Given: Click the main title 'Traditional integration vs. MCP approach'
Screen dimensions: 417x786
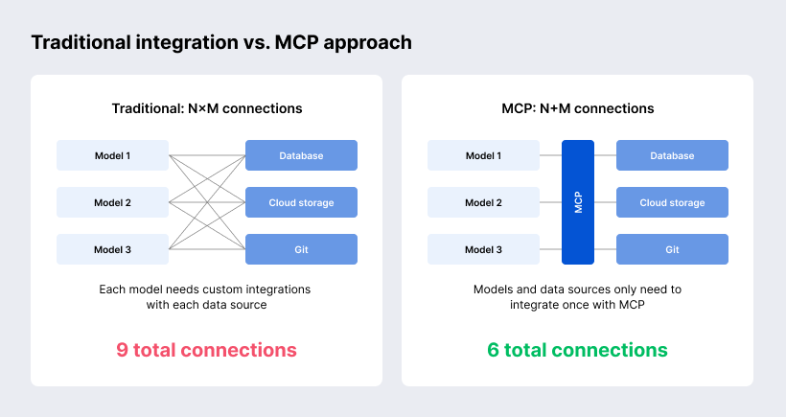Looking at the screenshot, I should (x=221, y=43).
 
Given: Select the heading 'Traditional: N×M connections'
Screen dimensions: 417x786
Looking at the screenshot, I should (x=206, y=108).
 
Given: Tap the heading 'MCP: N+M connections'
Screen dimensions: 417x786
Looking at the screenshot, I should (x=577, y=108).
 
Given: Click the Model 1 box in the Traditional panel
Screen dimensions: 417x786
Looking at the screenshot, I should (x=112, y=155).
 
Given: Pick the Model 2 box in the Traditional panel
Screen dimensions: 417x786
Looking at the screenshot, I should (x=112, y=202).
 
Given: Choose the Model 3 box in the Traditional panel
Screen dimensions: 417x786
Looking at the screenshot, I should (x=112, y=249).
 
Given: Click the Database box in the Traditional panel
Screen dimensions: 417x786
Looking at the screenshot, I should (x=301, y=155).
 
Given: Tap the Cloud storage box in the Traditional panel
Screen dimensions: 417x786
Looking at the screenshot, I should (x=301, y=202).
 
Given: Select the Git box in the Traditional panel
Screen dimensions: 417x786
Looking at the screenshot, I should (x=301, y=249).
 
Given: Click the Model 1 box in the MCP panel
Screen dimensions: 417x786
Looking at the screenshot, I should (x=483, y=155).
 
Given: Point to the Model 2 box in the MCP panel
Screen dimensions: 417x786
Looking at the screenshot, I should (x=483, y=202).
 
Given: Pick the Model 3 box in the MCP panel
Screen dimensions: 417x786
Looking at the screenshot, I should (x=483, y=249).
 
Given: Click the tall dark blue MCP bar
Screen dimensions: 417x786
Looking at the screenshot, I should (x=578, y=202).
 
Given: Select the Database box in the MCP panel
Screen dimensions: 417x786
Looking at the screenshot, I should (x=672, y=155).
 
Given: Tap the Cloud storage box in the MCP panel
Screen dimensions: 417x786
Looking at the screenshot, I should (x=672, y=202).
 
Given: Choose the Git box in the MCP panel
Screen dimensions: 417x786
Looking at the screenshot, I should (x=672, y=249).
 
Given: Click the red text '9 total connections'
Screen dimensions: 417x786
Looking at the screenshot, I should (x=206, y=350).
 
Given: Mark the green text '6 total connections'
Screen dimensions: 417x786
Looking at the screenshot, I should (x=577, y=350).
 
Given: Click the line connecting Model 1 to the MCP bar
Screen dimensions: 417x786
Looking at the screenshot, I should (x=550, y=155).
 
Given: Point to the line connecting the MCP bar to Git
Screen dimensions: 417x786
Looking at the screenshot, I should (x=605, y=249).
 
